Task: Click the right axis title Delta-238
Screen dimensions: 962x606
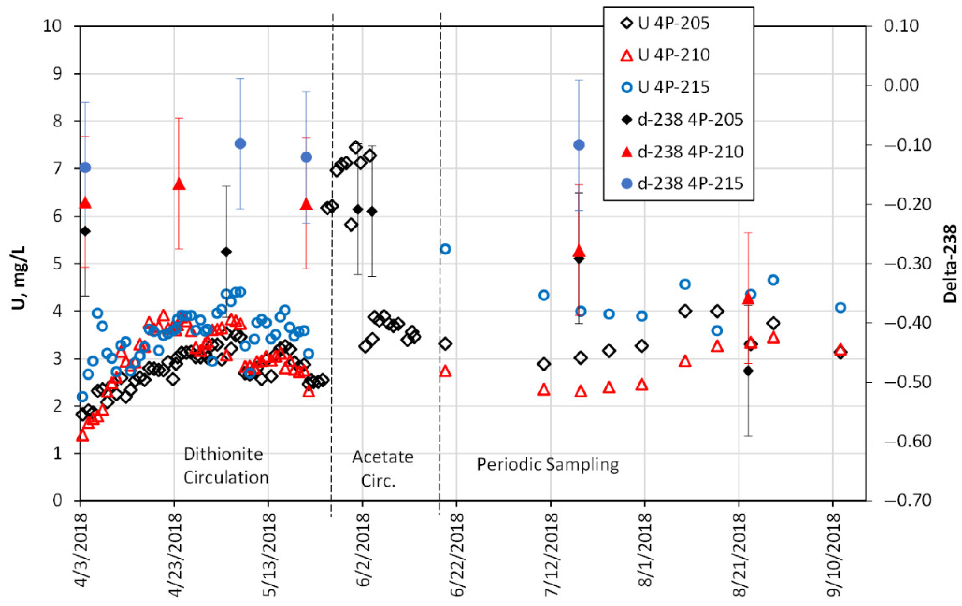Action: tap(950, 264)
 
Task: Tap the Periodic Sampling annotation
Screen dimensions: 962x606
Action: tap(548, 465)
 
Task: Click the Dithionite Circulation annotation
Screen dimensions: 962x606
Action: tap(226, 466)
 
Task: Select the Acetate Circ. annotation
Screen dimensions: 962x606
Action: tap(382, 469)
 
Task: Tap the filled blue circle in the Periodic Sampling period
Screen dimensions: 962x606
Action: tap(579, 145)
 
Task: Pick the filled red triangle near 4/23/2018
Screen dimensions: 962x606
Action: tap(178, 184)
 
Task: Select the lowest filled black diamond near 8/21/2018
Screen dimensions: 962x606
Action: tap(748, 371)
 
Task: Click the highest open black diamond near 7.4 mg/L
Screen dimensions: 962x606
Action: tap(356, 147)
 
